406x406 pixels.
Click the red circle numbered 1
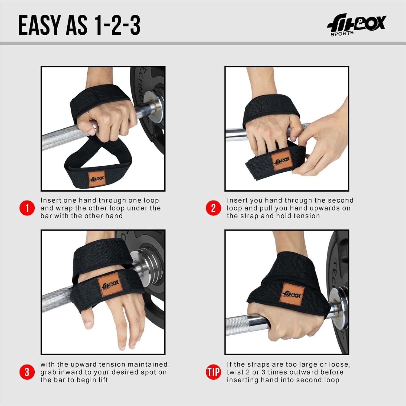point(27,208)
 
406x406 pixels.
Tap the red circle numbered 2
point(214,208)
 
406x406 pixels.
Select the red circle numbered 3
point(27,372)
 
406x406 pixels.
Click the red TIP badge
point(214,372)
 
